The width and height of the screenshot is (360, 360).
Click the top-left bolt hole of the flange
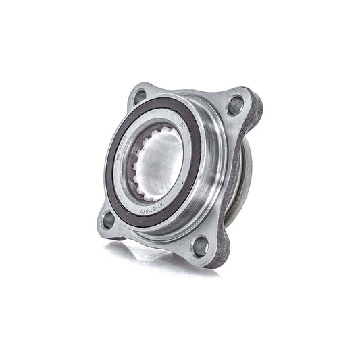point(140,97)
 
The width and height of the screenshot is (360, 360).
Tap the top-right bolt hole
point(235,105)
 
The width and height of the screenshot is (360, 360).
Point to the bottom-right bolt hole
point(200,246)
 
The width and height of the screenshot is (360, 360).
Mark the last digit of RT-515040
point(140,211)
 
